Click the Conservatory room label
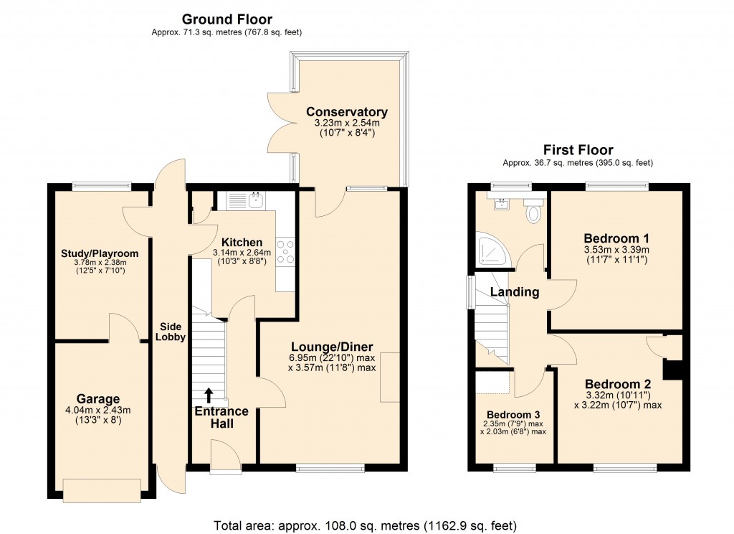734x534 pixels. point(346,112)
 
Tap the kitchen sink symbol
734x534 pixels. point(256,200)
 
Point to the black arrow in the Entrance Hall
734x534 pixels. point(209,395)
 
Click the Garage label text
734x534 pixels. point(98,399)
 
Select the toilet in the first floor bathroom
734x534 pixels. point(533,212)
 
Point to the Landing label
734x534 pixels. point(515,292)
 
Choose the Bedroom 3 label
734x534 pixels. point(513,415)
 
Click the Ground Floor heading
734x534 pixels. point(227,19)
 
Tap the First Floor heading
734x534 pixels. point(578,150)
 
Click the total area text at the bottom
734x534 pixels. point(366,525)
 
